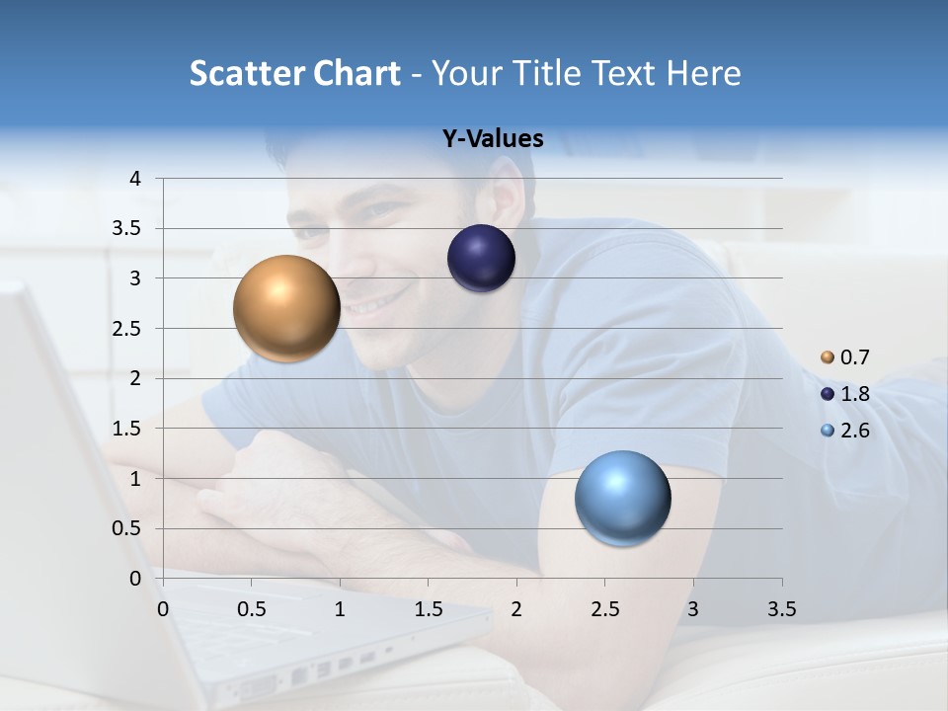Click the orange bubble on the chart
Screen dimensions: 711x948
[x=286, y=308]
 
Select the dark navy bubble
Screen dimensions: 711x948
[x=481, y=259]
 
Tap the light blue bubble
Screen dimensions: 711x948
[x=622, y=498]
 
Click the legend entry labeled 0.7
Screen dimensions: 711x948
[x=854, y=357]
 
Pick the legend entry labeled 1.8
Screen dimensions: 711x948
[x=854, y=394]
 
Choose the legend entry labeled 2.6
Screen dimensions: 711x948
[x=854, y=431]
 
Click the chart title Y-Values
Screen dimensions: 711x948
[x=493, y=139]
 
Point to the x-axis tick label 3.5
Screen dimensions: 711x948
[x=781, y=609]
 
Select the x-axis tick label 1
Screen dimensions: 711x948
[x=340, y=609]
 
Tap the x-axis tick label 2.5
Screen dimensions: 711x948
[x=604, y=609]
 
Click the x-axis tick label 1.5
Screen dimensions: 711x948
[x=428, y=609]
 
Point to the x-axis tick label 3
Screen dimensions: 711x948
[x=693, y=609]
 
